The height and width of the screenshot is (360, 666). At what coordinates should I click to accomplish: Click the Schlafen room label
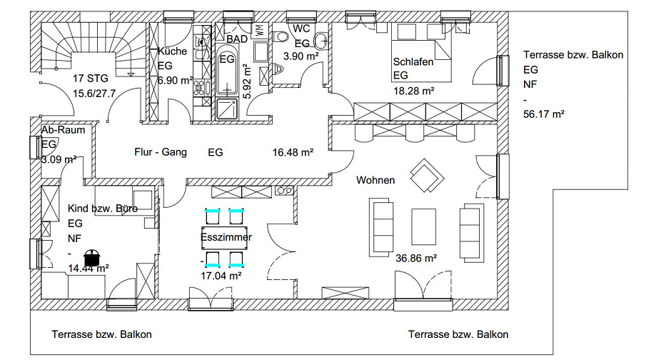pos(413,62)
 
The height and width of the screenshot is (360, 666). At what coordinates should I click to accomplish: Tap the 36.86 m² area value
pos(416,259)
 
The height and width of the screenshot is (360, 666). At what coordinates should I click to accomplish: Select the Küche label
pos(173,51)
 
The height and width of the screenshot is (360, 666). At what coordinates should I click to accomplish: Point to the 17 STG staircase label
pos(91,79)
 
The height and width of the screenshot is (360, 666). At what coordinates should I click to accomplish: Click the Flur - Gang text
pos(161,152)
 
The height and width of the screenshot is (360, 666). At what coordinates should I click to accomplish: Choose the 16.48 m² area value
pos(293,152)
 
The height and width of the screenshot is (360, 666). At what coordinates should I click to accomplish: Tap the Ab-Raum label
pos(64,130)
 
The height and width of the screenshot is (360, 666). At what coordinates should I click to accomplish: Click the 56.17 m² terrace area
pos(544,114)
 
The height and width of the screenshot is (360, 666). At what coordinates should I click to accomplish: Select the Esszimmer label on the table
pos(226,237)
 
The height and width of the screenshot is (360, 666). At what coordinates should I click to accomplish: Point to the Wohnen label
pos(375,180)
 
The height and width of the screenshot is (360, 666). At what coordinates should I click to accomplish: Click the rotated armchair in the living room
pos(427,176)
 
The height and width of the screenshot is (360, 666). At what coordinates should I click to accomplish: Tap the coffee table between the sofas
pos(423,226)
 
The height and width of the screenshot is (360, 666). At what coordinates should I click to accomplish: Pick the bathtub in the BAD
pos(227,69)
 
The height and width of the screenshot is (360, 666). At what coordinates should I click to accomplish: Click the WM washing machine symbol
pos(259,30)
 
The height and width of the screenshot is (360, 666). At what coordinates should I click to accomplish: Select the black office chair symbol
pos(92,257)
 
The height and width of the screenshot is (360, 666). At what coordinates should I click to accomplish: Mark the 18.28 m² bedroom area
pos(414,91)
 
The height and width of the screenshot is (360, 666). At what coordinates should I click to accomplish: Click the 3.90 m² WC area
pos(301,56)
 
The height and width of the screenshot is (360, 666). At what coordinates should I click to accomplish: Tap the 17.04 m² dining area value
pos(221,276)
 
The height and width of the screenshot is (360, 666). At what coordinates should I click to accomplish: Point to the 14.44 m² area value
pos(89,268)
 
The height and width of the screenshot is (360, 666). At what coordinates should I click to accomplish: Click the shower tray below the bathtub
pos(227,109)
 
